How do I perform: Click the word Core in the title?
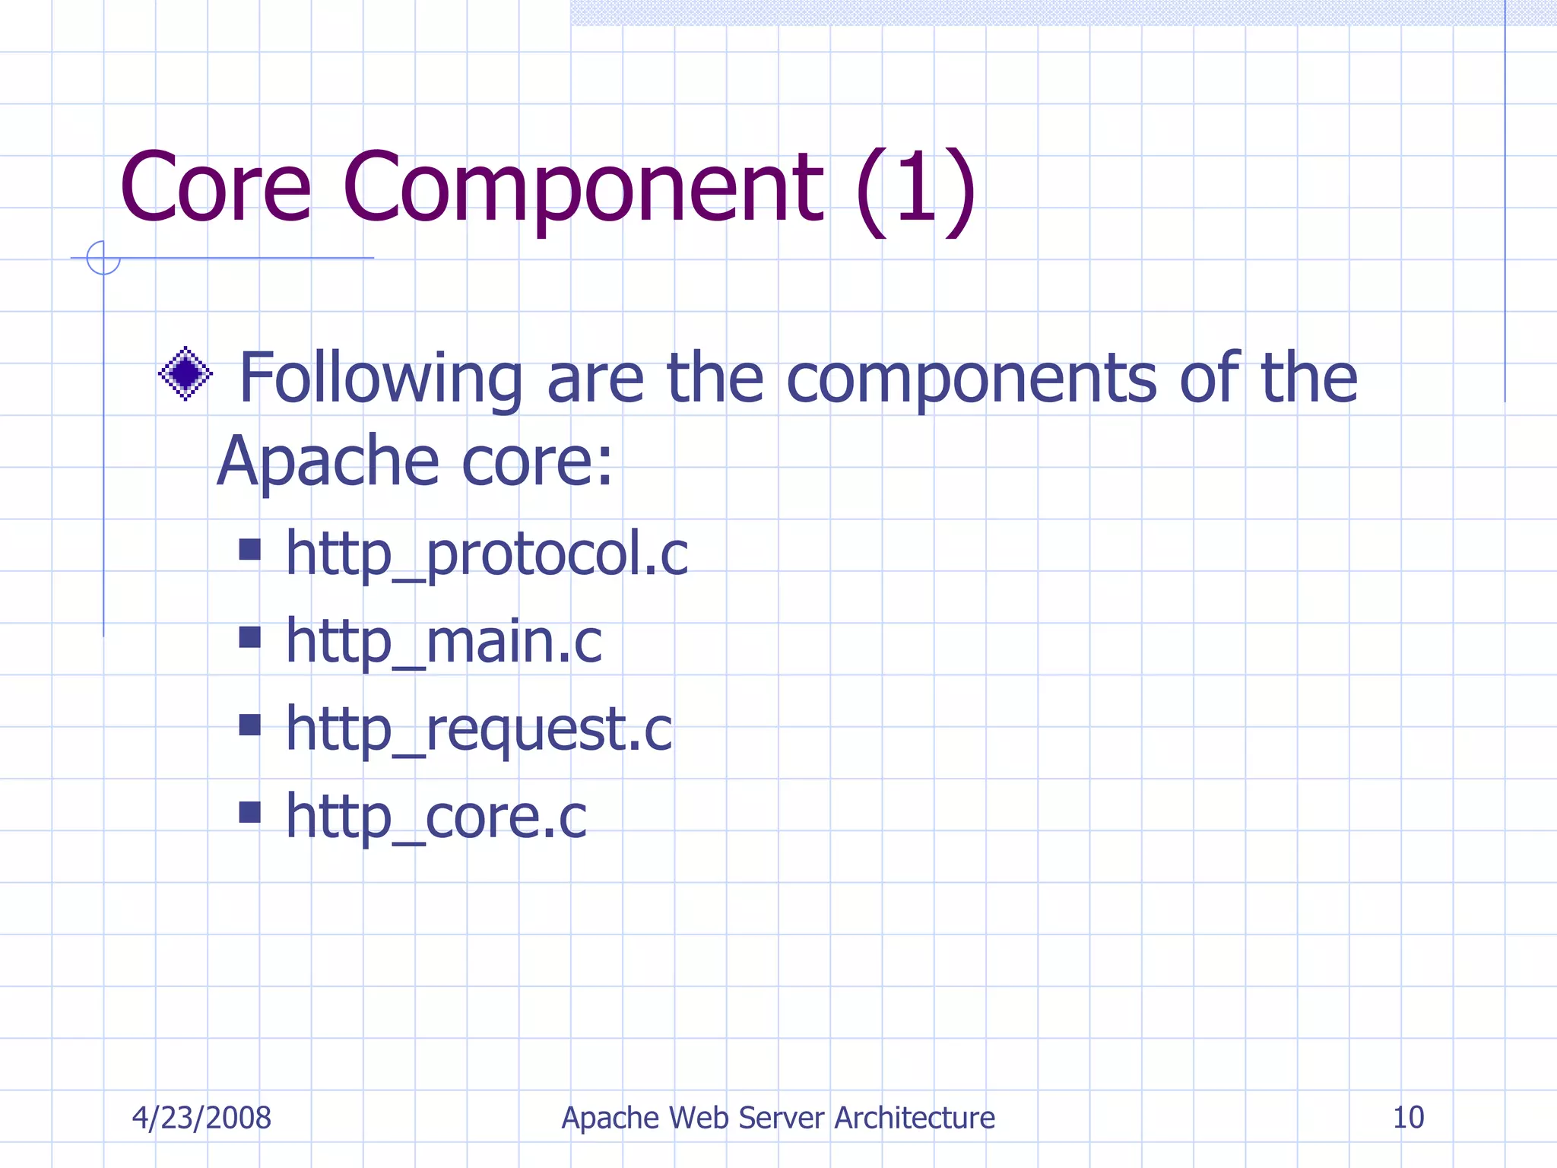tap(216, 188)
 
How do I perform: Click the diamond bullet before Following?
tap(186, 373)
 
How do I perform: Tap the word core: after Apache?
tap(537, 462)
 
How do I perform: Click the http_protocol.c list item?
tap(487, 554)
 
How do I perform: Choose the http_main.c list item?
tap(444, 641)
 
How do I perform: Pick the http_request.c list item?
tap(479, 729)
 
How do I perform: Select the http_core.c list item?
tap(436, 817)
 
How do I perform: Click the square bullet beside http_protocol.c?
tap(249, 549)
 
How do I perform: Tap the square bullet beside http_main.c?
tap(249, 636)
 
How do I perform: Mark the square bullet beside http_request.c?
tap(249, 725)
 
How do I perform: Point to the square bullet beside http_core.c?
tap(249, 812)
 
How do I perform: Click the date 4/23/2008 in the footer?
tap(201, 1118)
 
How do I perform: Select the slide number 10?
tap(1408, 1118)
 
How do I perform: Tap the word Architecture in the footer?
tap(915, 1118)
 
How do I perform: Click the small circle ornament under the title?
tap(103, 258)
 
